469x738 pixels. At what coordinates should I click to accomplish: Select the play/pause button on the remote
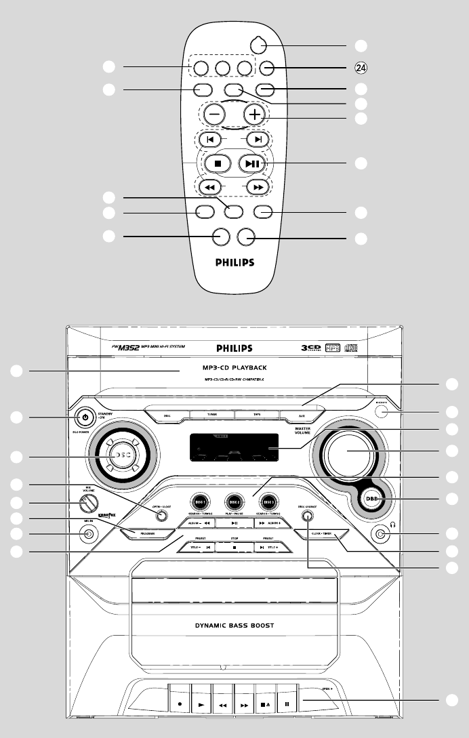click(x=251, y=163)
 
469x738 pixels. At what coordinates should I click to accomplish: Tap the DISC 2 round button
click(x=234, y=501)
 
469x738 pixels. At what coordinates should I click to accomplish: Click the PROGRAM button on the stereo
click(x=148, y=533)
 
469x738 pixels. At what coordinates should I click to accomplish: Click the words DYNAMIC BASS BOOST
click(x=234, y=625)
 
